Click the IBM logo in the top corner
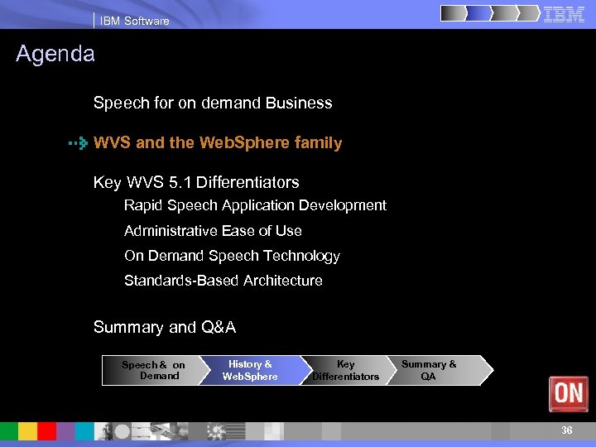coord(565,14)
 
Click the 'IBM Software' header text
coord(134,21)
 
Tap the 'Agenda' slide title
coord(55,55)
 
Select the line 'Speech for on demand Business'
coord(213,103)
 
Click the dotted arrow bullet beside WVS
coord(78,143)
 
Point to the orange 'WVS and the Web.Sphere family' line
coord(218,143)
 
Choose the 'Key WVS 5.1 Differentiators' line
coord(196,182)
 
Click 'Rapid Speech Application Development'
coord(255,205)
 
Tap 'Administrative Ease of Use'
coord(213,231)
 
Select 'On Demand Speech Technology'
coord(232,256)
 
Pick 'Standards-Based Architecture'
coord(223,281)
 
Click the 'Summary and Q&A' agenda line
coord(165,327)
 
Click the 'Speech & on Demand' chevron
coord(154,370)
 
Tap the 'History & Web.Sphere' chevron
coord(250,370)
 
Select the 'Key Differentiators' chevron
coord(346,370)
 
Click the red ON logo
coord(569,394)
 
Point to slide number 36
coord(566,430)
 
